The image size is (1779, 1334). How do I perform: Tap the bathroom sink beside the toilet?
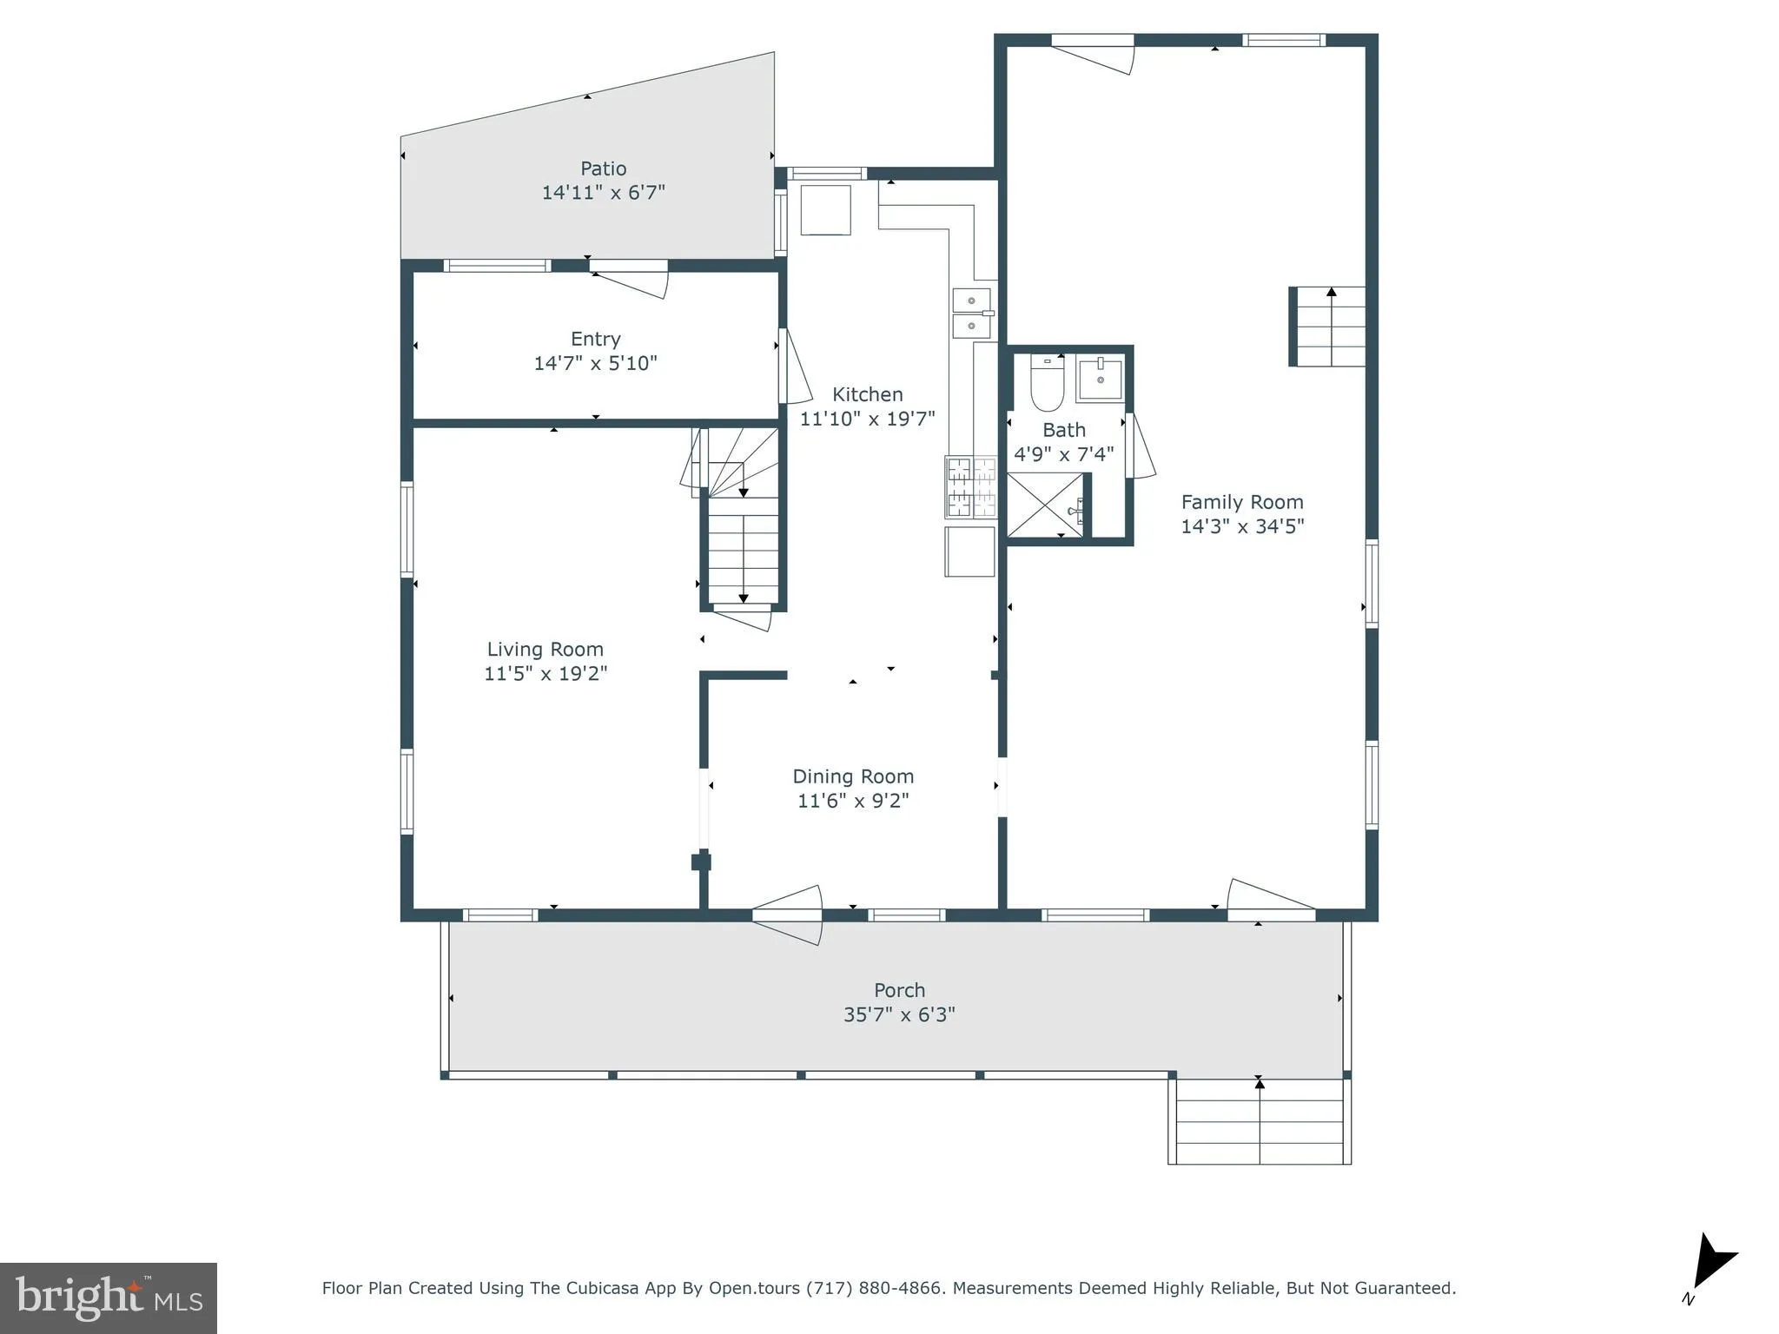(1100, 379)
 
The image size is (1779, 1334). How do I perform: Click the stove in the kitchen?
(970, 487)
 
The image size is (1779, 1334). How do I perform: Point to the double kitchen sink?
(972, 313)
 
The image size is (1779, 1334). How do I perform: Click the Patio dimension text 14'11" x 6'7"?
(603, 193)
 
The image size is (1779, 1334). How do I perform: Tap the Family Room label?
(1241, 502)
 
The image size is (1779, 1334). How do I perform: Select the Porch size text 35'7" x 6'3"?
(899, 1014)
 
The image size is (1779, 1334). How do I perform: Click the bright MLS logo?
(109, 1298)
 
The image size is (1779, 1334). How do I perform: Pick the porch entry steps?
(1260, 1120)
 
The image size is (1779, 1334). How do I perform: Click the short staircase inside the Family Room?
(1327, 327)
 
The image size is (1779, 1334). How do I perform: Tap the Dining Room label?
(853, 776)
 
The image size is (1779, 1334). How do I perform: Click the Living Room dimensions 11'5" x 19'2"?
(546, 673)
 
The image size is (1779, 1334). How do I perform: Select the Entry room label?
(595, 340)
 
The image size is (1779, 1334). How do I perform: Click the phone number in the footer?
(874, 1288)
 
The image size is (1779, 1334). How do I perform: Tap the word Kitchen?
(867, 394)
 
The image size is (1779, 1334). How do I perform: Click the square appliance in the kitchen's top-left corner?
(824, 210)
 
